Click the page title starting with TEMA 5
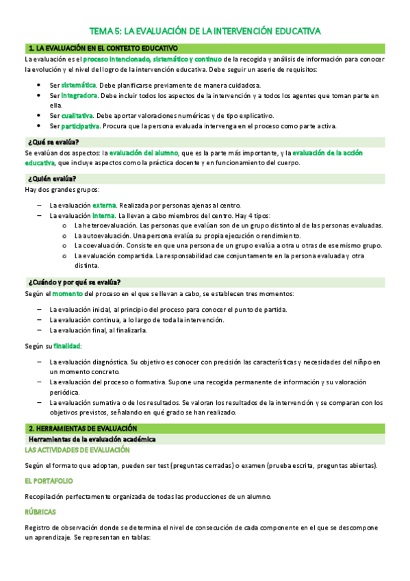click(205, 32)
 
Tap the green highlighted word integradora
click(79, 95)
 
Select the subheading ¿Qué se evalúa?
click(53, 141)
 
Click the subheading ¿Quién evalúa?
click(53, 179)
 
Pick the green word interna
click(104, 215)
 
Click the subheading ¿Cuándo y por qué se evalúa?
click(75, 282)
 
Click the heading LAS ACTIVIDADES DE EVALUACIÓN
click(77, 449)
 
